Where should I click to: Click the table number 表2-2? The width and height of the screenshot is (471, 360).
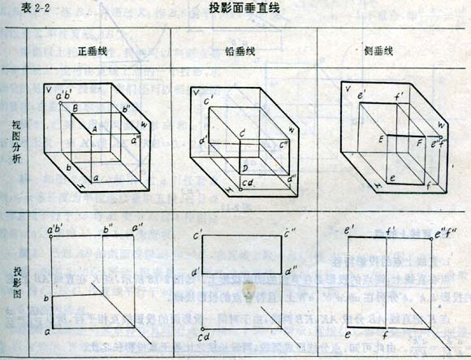19,9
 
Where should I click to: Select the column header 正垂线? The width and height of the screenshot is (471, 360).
93,50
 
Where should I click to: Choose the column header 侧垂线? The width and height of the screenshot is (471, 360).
379,50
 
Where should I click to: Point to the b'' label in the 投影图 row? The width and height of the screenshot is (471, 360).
107,228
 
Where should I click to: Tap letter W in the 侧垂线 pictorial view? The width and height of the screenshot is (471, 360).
440,125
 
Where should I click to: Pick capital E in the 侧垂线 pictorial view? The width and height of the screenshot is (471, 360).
379,140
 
